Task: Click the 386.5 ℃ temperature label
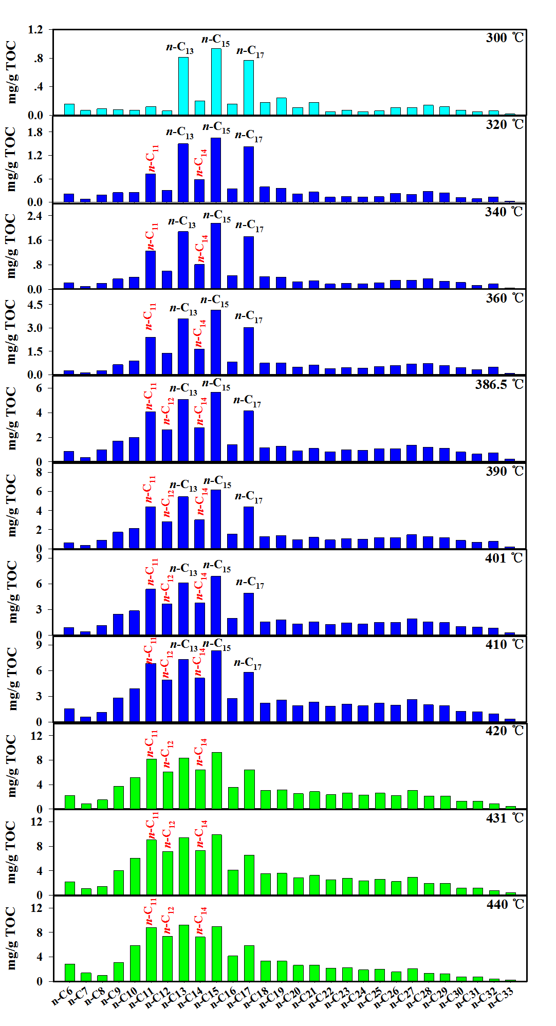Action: [499, 384]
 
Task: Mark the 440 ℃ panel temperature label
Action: [505, 904]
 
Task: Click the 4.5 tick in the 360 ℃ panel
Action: [35, 305]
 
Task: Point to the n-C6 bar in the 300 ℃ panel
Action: [69, 109]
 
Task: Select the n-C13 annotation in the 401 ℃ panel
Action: [183, 569]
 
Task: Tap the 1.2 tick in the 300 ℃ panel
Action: [35, 30]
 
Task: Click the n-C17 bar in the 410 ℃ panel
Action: [249, 697]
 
